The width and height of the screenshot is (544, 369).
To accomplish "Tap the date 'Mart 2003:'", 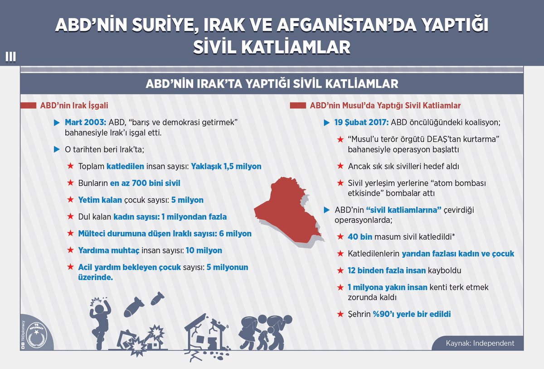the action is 86,122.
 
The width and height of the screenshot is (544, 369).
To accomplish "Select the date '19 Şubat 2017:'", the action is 361,122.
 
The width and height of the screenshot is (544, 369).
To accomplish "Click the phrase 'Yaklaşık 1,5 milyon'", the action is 226,167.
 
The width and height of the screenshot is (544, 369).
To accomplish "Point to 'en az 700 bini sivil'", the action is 145,183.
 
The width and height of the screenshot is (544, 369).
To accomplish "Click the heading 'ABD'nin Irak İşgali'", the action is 74,105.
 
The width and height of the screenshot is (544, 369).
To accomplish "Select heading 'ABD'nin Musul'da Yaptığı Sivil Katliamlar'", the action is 385,105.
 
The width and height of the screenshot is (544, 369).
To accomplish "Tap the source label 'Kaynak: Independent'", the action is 480,343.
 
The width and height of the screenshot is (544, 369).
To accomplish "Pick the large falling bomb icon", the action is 133,307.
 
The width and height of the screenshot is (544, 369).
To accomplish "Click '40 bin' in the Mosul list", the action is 359,237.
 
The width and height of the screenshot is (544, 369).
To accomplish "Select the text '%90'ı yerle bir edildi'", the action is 412,314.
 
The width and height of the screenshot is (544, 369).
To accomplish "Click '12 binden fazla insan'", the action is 387,270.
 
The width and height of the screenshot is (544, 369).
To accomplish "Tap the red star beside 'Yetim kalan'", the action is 70,200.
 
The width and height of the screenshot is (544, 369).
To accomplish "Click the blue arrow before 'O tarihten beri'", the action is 57,149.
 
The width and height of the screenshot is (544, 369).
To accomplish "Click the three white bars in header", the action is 10,57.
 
